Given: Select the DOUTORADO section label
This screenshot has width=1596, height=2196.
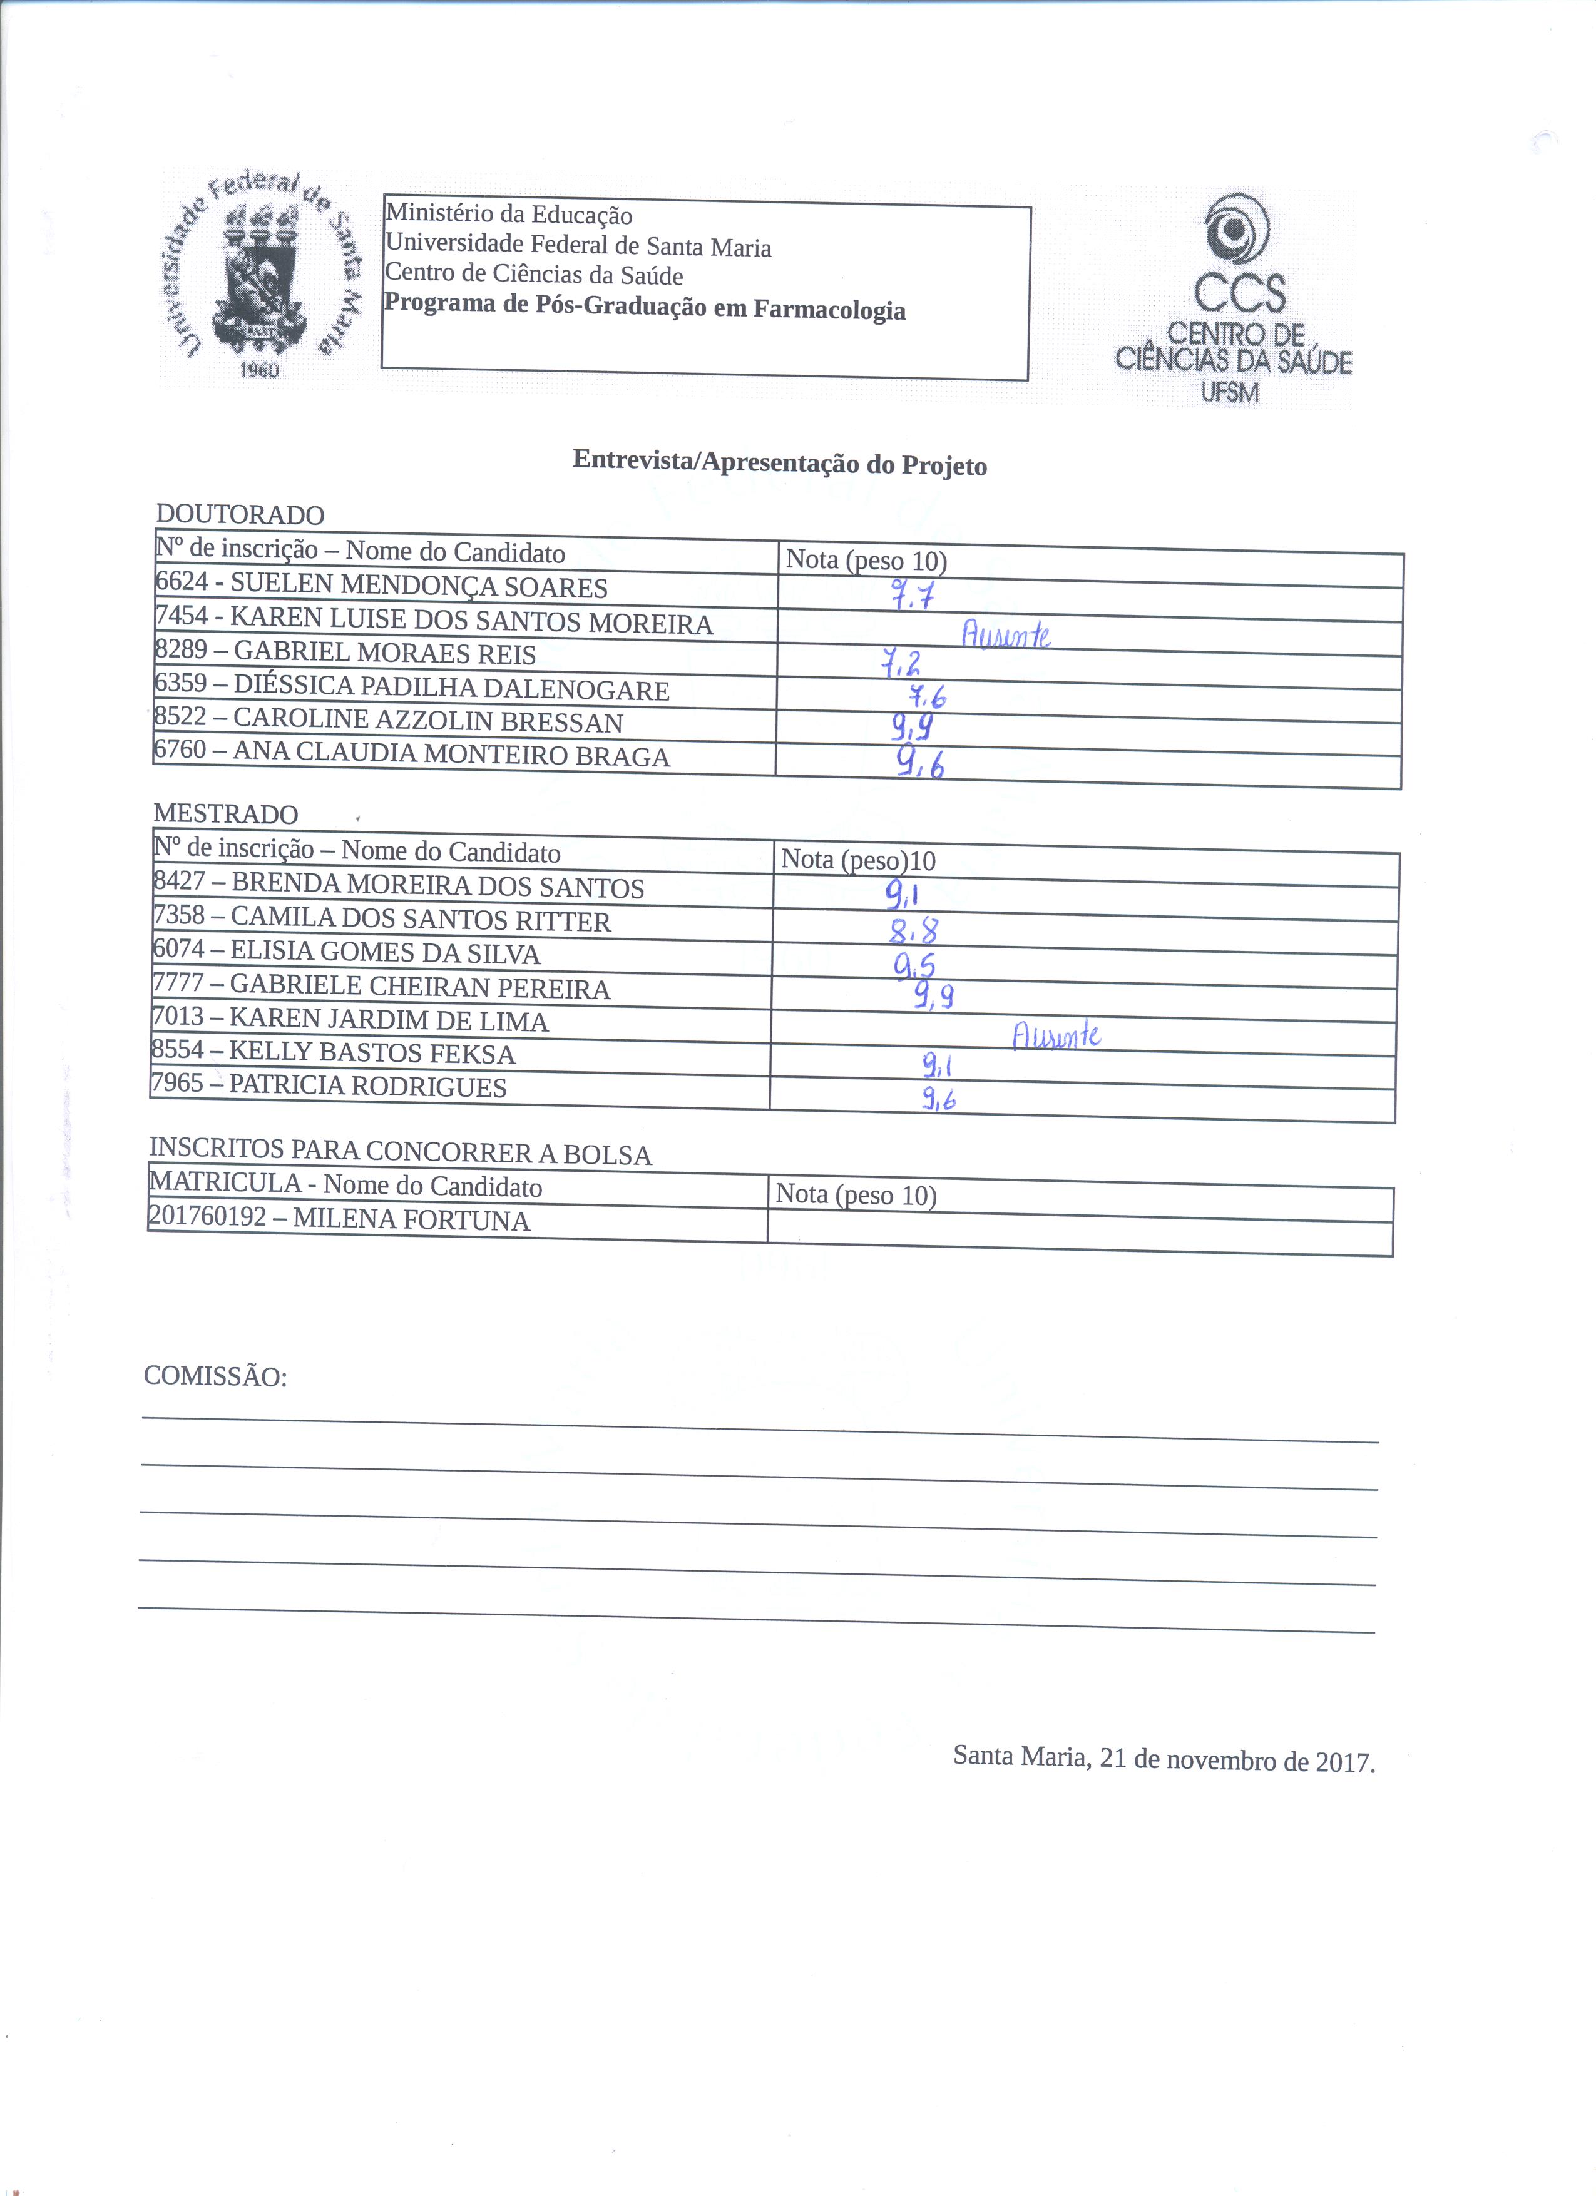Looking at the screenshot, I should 240,515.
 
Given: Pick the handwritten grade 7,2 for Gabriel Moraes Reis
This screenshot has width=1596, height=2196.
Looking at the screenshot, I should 901,664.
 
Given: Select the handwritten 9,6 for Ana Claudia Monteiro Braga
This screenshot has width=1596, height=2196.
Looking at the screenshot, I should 919,765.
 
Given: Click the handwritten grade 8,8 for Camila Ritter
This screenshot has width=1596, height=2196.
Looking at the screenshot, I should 913,932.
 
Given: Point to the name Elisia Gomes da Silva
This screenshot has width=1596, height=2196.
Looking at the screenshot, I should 386,953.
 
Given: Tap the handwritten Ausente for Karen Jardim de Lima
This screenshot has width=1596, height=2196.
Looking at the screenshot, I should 1056,1037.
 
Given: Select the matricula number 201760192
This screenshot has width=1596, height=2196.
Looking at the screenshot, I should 207,1216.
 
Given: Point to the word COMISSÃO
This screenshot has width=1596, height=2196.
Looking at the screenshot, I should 215,1377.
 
